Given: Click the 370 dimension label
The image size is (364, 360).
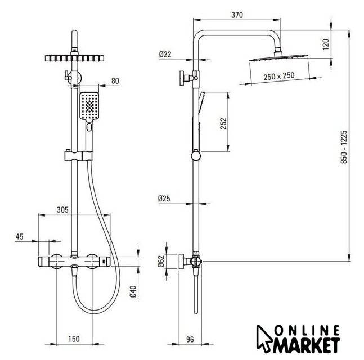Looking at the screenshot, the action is [x=237, y=15].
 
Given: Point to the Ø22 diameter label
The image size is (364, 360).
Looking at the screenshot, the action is [x=165, y=55].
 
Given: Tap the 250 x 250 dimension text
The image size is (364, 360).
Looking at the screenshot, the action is [x=279, y=76].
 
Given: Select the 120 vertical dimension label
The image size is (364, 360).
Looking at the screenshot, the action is [x=326, y=44].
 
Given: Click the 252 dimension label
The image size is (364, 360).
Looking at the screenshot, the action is [x=223, y=124].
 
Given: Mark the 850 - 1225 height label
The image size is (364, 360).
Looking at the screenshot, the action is [x=344, y=147].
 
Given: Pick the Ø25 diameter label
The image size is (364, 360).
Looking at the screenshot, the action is [x=164, y=199].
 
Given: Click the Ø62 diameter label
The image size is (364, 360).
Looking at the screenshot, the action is [x=161, y=261].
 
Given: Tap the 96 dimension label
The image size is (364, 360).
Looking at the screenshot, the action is [x=190, y=340].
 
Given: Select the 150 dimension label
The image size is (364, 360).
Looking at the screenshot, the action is [x=74, y=339].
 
